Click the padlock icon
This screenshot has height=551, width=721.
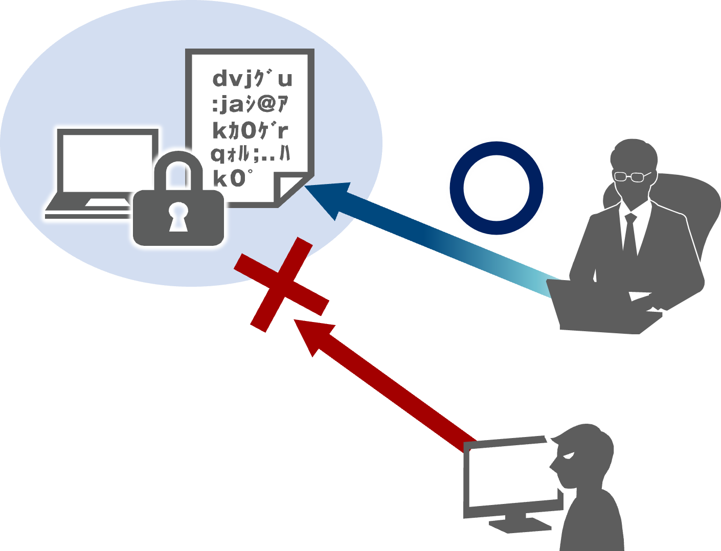coord(178,215)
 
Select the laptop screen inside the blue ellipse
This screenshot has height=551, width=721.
coord(105,159)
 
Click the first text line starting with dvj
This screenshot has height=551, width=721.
coord(252,79)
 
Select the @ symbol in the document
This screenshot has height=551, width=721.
coord(266,105)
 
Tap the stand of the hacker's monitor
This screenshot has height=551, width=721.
coord(516,521)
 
